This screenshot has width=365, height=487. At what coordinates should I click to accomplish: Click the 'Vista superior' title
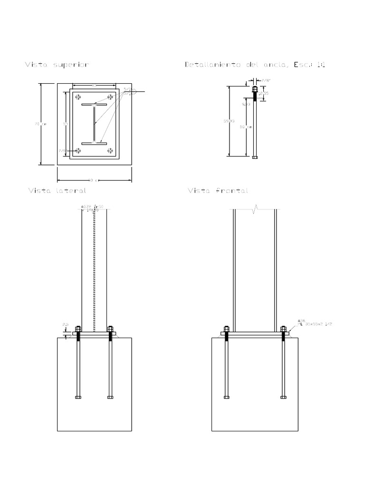57,65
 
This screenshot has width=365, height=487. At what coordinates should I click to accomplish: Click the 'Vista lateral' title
57,191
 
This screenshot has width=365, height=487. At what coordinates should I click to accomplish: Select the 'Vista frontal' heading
218,191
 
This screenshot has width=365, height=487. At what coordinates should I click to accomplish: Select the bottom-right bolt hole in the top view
111,151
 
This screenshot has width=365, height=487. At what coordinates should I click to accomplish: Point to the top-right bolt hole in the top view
111,97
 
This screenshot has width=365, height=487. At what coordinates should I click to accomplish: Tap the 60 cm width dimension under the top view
93,180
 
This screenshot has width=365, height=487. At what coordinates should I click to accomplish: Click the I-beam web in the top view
94,124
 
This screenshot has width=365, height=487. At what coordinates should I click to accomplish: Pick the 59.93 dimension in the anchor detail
229,121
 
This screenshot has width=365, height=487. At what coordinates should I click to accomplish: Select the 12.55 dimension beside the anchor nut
263,93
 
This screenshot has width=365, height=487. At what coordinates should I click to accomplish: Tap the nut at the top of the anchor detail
255,89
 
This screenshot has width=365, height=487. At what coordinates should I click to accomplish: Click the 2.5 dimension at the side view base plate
66,324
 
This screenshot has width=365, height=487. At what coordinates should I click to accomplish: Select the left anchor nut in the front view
227,329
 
